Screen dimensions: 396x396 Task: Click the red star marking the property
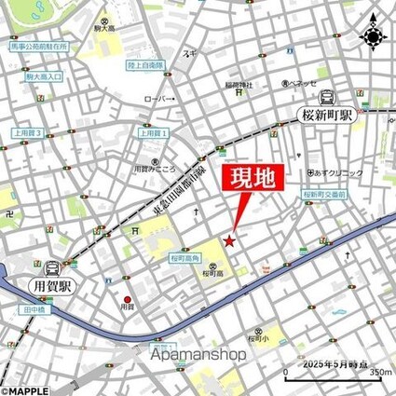(230, 242)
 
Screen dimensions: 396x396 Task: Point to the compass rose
(374, 35)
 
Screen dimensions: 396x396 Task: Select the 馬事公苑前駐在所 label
(36, 45)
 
